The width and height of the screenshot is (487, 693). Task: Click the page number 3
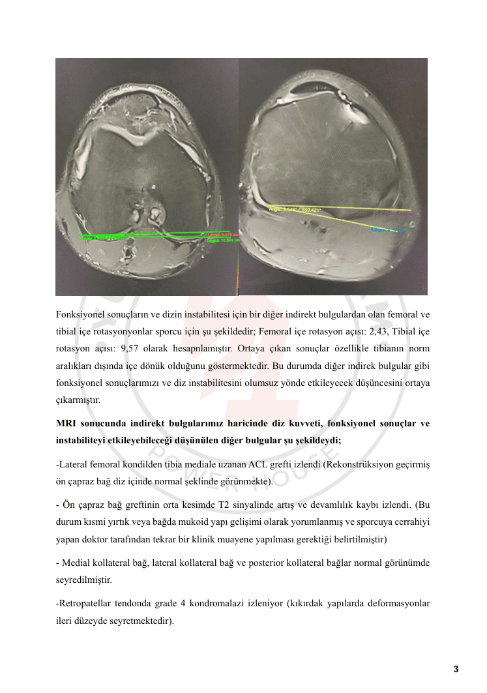(456, 669)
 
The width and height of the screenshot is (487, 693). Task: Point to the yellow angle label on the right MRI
(293, 209)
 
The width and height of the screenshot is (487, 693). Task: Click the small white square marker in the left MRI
(154, 186)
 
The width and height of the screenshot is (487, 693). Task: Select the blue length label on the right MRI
(389, 230)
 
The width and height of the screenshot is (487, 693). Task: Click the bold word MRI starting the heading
(66, 424)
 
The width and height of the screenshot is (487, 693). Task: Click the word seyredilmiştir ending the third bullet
(83, 579)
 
